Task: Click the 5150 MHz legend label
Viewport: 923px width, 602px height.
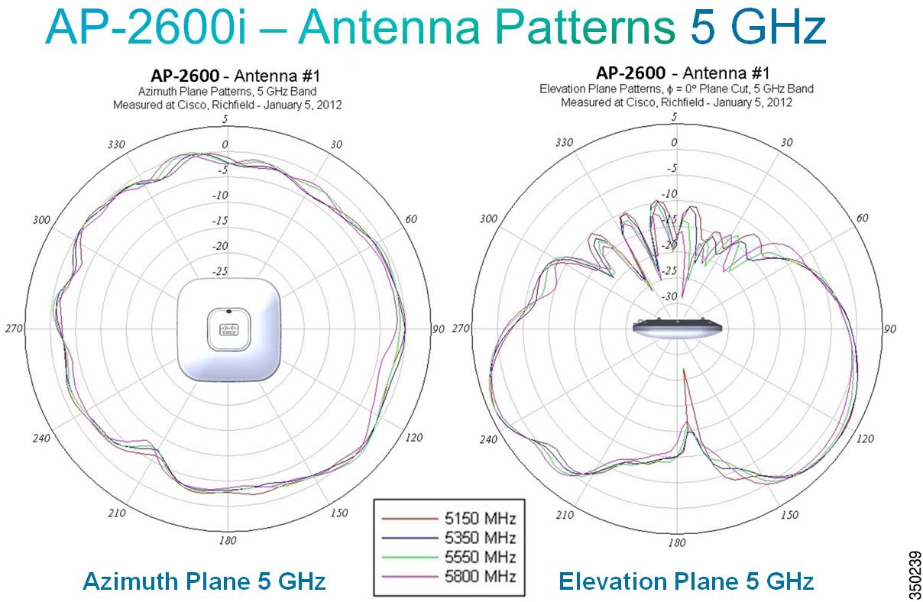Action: (480, 518)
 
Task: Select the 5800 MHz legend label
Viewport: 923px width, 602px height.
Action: (480, 576)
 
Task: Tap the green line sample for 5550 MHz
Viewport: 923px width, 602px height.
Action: (410, 557)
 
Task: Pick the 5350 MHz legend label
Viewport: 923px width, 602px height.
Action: (480, 538)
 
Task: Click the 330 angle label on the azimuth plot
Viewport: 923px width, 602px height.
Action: (116, 144)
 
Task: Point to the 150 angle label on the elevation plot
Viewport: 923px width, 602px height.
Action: (789, 515)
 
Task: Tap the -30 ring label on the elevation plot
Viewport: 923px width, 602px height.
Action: (669, 296)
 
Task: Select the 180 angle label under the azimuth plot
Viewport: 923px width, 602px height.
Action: (228, 540)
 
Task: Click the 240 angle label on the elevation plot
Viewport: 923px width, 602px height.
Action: (488, 439)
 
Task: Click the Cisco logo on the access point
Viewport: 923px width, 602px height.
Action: (228, 329)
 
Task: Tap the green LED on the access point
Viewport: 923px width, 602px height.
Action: (228, 311)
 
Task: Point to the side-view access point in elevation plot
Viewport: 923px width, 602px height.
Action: (677, 328)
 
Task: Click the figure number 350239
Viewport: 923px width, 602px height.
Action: (915, 575)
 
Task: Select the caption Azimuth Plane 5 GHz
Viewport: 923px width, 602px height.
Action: (204, 581)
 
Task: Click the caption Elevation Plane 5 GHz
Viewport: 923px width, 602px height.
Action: (686, 581)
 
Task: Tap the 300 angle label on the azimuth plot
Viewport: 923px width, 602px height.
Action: (41, 219)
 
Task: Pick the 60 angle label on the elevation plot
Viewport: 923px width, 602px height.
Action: (862, 218)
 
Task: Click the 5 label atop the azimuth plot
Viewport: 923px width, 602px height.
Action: (225, 119)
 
